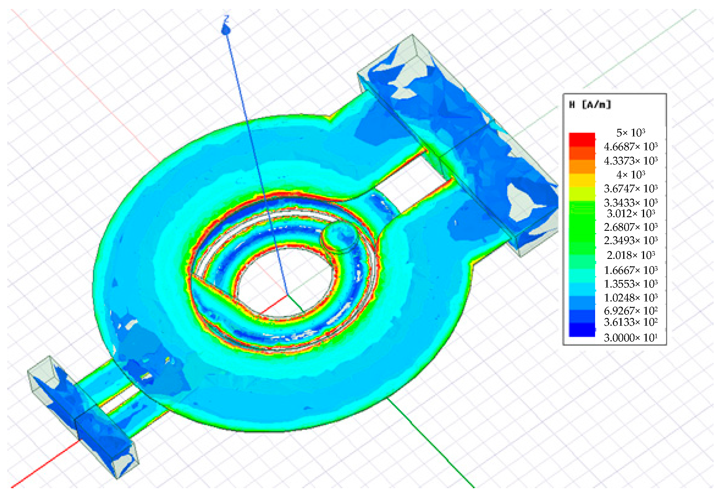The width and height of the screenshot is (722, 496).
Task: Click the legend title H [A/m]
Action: coord(590,105)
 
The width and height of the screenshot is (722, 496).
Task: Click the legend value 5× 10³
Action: coord(630,133)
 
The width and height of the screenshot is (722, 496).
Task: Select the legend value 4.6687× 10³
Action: coord(630,147)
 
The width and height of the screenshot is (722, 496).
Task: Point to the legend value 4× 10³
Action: coord(630,174)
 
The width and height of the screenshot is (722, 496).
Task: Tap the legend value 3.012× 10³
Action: coord(630,213)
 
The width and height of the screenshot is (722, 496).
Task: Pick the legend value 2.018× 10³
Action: coord(630,255)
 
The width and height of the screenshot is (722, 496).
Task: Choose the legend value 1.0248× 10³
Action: coord(630,298)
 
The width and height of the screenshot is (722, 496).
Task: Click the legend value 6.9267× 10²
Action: coord(630,310)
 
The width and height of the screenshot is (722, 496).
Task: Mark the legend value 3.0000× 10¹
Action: coord(630,338)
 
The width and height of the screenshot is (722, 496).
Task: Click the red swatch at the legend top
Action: coord(582,139)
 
